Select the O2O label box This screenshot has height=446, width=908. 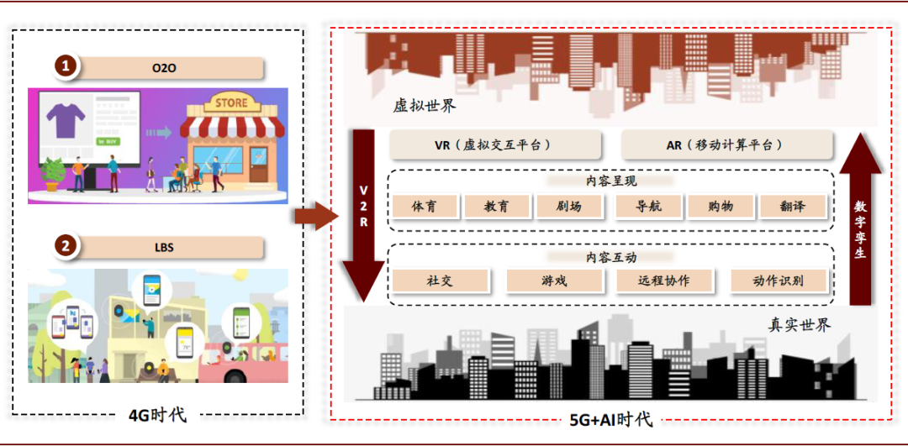pyautogui.click(x=165, y=68)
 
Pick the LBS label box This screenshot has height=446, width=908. pyautogui.click(x=165, y=248)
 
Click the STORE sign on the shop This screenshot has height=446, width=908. pyautogui.click(x=231, y=102)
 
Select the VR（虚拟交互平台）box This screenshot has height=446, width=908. pyautogui.click(x=494, y=144)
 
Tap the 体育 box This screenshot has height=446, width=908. pyautogui.click(x=424, y=207)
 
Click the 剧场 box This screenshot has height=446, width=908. pyautogui.click(x=568, y=207)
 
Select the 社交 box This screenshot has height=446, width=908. pyautogui.click(x=440, y=281)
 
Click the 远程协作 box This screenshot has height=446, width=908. pyautogui.click(x=664, y=281)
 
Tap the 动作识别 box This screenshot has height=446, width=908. pyautogui.click(x=779, y=281)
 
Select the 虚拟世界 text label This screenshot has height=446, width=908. pyautogui.click(x=425, y=107)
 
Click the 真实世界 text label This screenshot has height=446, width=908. pyautogui.click(x=799, y=324)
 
